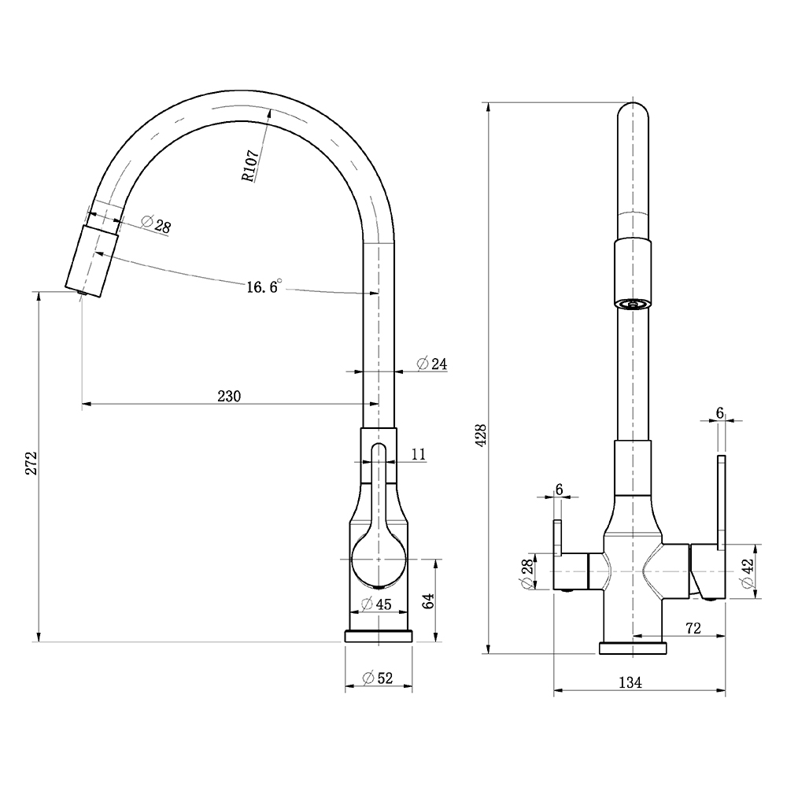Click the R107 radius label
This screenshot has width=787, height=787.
[250, 165]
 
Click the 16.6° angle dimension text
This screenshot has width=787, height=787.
[264, 286]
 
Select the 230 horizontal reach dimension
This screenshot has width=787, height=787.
[229, 397]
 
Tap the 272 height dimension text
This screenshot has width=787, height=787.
[31, 463]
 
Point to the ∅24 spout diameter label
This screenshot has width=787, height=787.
[431, 364]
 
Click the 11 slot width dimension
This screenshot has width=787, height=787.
[418, 454]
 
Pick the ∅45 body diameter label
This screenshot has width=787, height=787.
[376, 604]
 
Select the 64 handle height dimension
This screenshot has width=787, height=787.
[427, 600]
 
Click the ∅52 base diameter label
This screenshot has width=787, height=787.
[378, 678]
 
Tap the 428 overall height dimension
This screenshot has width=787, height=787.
[480, 435]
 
